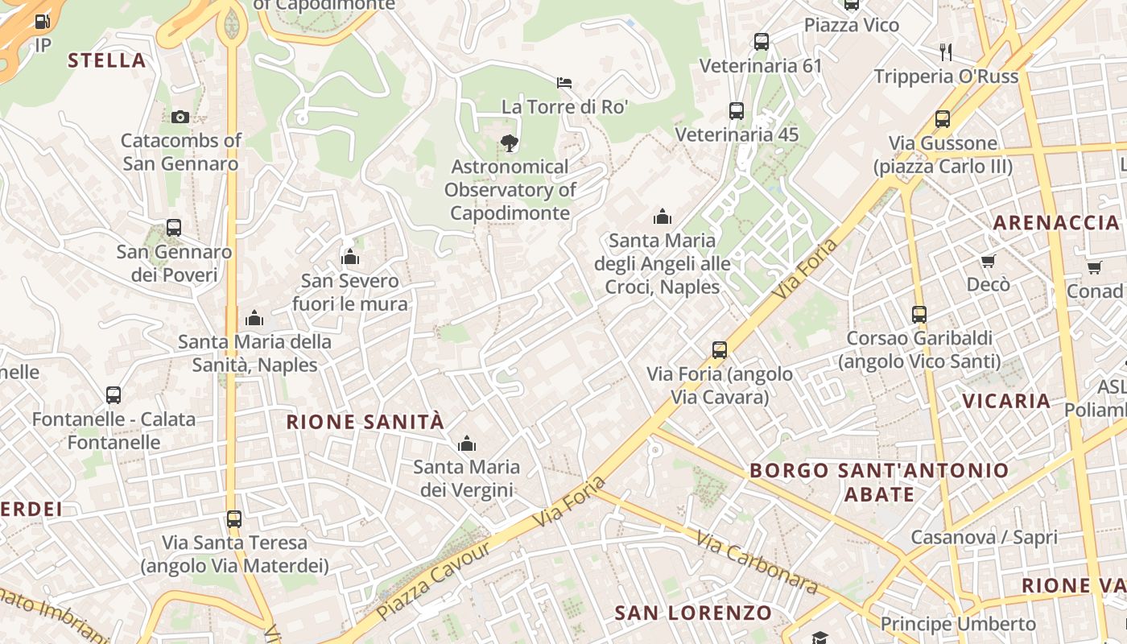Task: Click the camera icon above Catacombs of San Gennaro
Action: coord(180,117)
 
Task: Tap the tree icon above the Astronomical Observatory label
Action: coord(509,143)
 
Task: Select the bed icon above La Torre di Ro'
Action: coord(564,82)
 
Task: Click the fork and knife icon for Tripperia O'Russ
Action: coord(946,52)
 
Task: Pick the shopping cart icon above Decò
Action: coord(988,261)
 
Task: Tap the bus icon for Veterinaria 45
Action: coord(737,110)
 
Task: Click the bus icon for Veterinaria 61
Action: coord(761,42)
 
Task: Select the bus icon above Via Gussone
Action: coord(943,119)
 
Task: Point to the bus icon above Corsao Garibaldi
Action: coord(919,314)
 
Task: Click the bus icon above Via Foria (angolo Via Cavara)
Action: coord(720,350)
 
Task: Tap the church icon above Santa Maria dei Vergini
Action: coord(467,444)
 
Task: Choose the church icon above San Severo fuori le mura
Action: coord(350,257)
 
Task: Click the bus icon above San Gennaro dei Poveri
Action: coord(174,228)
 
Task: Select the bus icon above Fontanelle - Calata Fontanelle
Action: coord(114,395)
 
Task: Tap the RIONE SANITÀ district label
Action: coord(365,422)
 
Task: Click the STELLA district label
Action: coord(106,60)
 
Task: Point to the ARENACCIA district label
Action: coord(1056,222)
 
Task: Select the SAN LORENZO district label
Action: coord(693,613)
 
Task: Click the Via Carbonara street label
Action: coord(757,563)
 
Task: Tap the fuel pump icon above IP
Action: coord(43,22)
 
